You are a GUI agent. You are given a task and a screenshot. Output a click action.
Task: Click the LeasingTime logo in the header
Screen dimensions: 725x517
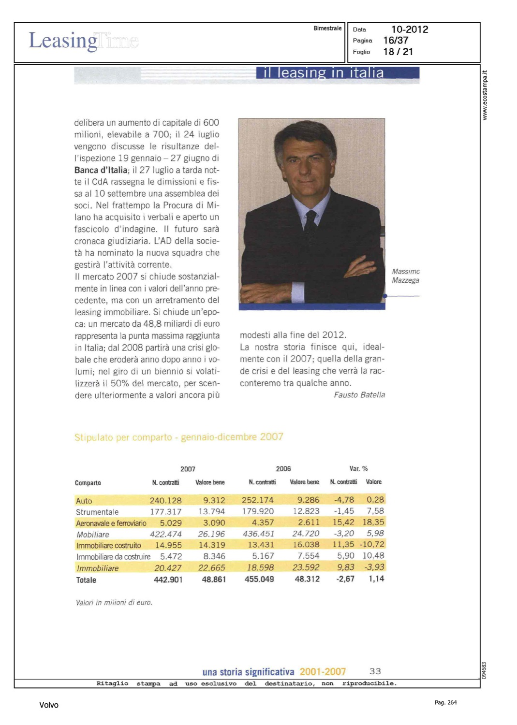83,41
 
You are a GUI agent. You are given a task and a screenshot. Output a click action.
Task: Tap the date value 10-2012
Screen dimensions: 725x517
409,29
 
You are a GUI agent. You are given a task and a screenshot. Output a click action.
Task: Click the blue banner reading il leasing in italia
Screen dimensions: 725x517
338,72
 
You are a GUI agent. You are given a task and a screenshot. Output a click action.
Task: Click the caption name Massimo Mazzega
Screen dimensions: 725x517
405,276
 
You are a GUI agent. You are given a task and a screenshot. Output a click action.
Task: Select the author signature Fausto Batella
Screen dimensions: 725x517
359,395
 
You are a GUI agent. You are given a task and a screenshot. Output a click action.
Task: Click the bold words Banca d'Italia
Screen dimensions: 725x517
101,170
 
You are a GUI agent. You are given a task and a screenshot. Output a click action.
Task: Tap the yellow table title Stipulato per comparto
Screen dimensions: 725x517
178,437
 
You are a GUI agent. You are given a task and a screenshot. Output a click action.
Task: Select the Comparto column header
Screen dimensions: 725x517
88,483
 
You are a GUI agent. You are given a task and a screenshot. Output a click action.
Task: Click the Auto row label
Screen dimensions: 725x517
84,501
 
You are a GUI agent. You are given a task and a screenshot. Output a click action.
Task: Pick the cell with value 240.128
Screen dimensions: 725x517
165,500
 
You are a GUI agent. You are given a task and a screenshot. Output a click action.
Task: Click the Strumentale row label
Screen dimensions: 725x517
97,512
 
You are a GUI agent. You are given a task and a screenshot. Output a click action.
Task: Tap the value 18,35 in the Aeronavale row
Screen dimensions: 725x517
373,522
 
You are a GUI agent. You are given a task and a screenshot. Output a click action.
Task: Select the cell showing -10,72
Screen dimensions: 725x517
372,545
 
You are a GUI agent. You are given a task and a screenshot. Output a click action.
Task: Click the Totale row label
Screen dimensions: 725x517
86,580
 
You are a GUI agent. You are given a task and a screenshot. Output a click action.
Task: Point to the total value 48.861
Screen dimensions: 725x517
214,579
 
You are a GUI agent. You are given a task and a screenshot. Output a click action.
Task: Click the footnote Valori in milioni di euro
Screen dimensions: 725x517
114,603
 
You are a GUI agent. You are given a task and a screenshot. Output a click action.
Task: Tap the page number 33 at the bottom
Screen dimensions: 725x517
375,671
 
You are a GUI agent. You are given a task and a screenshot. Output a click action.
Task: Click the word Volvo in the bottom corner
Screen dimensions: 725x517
48,705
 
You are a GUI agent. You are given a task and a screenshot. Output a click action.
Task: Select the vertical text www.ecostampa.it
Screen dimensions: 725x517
485,95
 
